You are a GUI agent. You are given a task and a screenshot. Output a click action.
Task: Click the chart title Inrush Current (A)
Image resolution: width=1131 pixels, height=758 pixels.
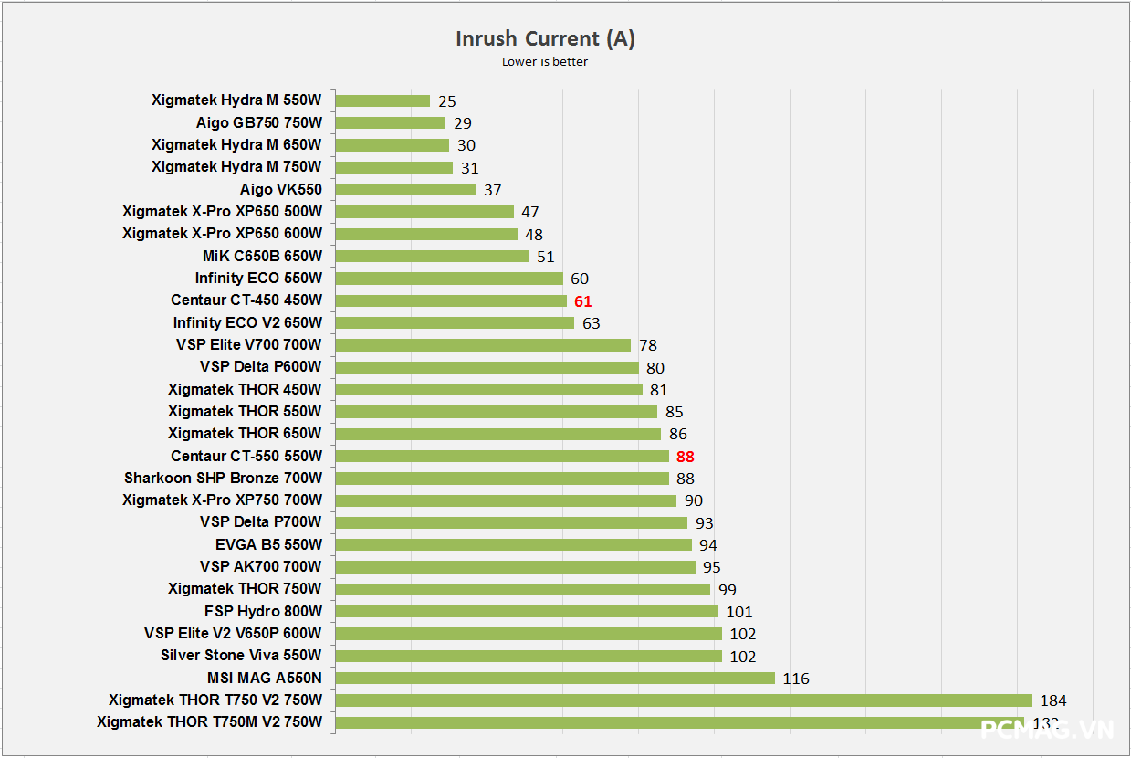(x=545, y=38)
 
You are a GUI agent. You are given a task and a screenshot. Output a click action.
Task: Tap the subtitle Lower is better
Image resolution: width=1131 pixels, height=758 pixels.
(x=545, y=62)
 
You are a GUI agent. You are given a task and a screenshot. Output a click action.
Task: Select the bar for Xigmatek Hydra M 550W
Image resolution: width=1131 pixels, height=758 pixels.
(x=382, y=100)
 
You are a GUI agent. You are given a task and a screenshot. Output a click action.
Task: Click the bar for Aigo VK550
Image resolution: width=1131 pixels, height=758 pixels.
(x=405, y=189)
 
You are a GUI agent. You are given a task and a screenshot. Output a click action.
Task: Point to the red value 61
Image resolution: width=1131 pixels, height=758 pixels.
(x=583, y=300)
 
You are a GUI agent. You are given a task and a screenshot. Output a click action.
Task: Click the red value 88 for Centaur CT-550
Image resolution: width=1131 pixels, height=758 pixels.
(x=686, y=456)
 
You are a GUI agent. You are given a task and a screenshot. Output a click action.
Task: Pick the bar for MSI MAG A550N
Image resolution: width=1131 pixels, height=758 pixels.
(x=555, y=678)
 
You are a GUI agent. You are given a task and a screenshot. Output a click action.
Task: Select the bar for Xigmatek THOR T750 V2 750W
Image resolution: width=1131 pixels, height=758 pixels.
(x=684, y=700)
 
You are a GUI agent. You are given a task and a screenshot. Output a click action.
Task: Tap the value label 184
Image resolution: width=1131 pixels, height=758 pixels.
(x=1052, y=700)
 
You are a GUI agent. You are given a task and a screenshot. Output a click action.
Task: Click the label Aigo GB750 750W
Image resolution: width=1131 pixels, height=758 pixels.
(x=258, y=122)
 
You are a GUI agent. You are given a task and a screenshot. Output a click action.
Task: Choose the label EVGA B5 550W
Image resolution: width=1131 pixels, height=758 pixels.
(x=268, y=544)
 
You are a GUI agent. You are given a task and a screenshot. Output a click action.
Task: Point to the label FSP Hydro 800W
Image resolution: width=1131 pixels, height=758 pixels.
(x=263, y=611)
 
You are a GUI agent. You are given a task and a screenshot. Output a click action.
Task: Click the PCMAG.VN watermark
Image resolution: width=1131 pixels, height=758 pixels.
(x=1047, y=730)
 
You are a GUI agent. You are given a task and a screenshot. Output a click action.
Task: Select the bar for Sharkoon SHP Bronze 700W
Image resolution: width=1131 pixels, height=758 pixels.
(x=502, y=478)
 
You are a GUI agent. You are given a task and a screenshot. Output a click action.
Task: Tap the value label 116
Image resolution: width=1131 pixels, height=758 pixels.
(x=796, y=679)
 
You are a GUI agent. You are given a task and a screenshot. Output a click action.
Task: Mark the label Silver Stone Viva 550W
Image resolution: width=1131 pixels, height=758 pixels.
(x=241, y=655)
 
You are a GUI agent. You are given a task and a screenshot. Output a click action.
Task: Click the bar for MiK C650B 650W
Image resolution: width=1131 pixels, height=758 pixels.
(x=432, y=256)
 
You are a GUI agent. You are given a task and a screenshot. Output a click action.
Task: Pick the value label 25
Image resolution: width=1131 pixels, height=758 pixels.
(x=446, y=101)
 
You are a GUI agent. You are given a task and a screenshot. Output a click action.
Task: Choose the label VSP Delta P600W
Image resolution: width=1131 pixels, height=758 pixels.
(x=261, y=366)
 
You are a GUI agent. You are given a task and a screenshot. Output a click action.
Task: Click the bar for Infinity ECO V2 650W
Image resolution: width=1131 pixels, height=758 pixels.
(x=455, y=322)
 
